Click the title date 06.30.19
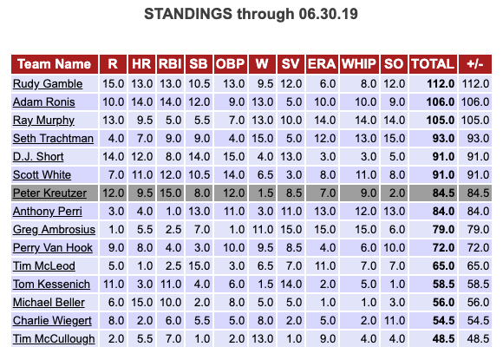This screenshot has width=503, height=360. pyautogui.click(x=328, y=14)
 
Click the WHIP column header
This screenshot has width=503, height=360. pyautogui.click(x=359, y=64)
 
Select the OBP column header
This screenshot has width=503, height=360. pyautogui.click(x=231, y=64)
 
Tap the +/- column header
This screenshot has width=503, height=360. pyautogui.click(x=475, y=64)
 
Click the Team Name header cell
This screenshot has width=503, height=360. pyautogui.click(x=55, y=64)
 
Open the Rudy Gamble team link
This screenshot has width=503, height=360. pyautogui.click(x=48, y=84)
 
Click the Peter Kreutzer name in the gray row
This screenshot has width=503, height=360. pyautogui.click(x=49, y=193)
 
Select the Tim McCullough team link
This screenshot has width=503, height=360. pyautogui.click(x=54, y=339)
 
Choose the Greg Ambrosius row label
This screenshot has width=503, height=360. pyautogui.click(x=54, y=230)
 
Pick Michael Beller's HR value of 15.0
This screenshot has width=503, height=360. pyautogui.click(x=141, y=303)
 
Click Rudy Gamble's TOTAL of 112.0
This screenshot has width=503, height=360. pyautogui.click(x=441, y=84)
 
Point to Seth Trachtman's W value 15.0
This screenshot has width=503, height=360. pyautogui.click(x=263, y=139)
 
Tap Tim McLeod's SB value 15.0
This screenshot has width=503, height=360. pyautogui.click(x=199, y=266)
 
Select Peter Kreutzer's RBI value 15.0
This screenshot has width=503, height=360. pyautogui.click(x=170, y=193)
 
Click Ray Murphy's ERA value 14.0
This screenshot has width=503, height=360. pyautogui.click(x=324, y=121)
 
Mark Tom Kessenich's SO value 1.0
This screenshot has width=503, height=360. pyautogui.click(x=397, y=285)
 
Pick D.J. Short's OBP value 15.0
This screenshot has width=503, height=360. pyautogui.click(x=234, y=157)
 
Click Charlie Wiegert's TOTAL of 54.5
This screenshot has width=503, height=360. pyautogui.click(x=443, y=321)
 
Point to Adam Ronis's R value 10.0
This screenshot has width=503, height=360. pyautogui.click(x=114, y=102)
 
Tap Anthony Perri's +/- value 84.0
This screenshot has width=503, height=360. pyautogui.click(x=478, y=212)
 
